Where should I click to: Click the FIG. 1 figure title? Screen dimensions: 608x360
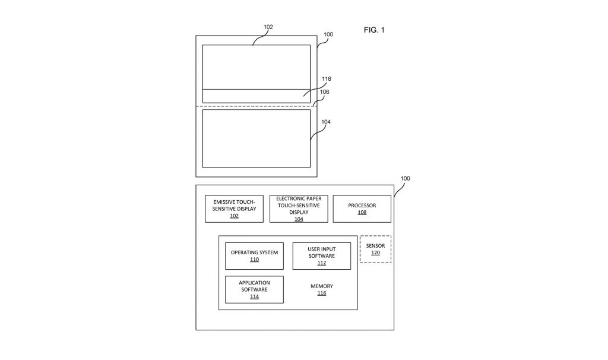[x=374, y=30]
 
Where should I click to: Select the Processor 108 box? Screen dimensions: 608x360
[x=362, y=209]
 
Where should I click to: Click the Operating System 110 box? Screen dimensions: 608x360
[x=254, y=256]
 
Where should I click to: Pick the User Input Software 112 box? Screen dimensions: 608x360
[x=321, y=256]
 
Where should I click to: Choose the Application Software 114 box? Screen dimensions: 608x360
[x=254, y=289]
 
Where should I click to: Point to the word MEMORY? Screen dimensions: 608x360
[x=321, y=286]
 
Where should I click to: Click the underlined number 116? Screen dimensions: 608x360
[x=321, y=293]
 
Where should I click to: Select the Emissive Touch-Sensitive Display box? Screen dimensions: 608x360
[x=234, y=209]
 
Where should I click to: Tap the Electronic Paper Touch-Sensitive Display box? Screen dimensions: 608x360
[x=299, y=209]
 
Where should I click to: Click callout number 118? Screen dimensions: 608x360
[x=327, y=79]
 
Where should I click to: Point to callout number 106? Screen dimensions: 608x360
[x=325, y=92]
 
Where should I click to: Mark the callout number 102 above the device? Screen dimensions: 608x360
[x=268, y=27]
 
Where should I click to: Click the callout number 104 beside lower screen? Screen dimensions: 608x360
[x=326, y=122]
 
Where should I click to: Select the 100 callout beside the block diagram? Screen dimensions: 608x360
[x=405, y=178]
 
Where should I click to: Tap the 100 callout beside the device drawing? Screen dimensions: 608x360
[x=328, y=34]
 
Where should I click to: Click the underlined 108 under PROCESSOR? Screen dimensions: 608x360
[x=362, y=213]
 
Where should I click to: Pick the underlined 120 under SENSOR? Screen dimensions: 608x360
[x=375, y=253]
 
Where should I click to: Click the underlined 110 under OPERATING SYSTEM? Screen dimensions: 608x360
[x=254, y=260]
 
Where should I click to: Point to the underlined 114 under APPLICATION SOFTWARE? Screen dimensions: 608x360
[x=254, y=297]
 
